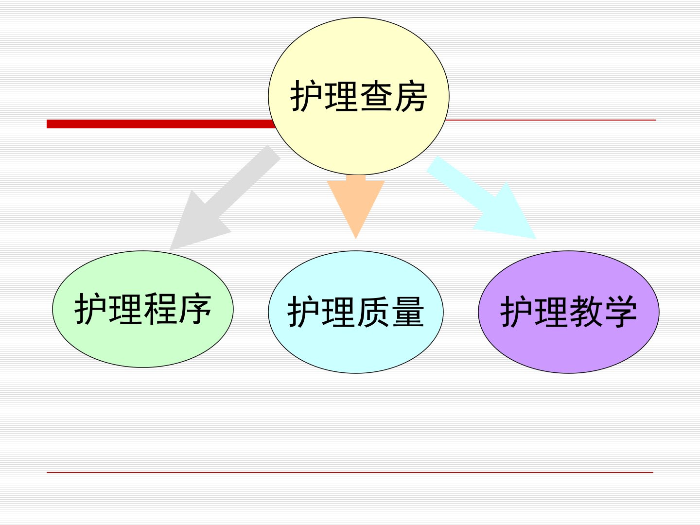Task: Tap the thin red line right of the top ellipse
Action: click(550, 120)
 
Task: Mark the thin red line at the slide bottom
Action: click(350, 472)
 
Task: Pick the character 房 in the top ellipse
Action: click(411, 96)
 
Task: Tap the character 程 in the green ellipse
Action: click(160, 309)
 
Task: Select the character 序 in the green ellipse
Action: click(195, 309)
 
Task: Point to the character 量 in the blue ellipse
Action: click(408, 312)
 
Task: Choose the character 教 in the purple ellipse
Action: click(586, 312)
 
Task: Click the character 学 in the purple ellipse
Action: click(621, 312)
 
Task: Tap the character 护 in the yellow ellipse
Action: click(306, 96)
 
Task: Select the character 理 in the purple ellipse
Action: click(551, 312)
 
